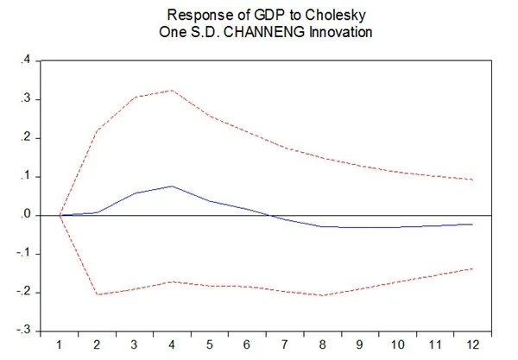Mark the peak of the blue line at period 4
(x=172, y=186)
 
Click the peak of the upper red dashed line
(x=172, y=90)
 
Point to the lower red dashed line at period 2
(x=97, y=294)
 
